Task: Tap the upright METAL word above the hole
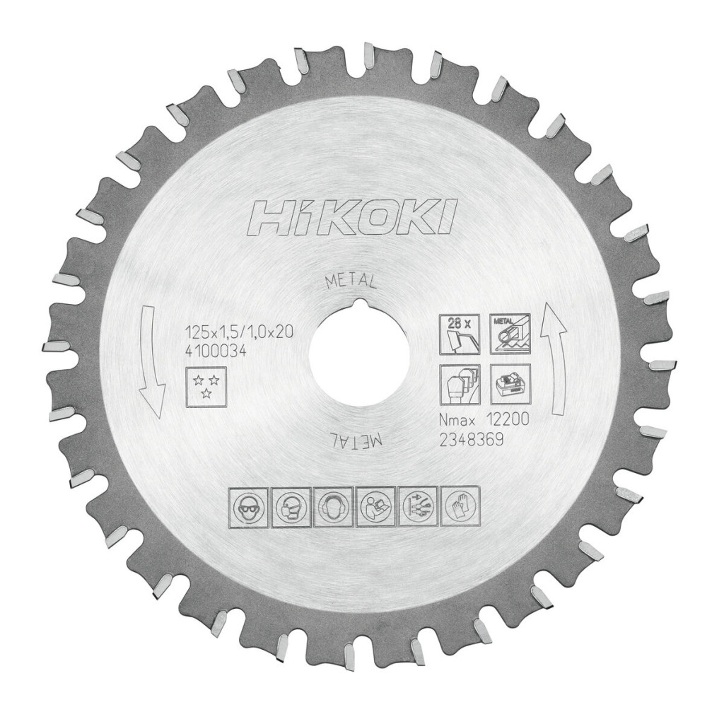tap(351, 280)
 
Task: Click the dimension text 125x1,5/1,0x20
tap(239, 332)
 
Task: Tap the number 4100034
tap(214, 351)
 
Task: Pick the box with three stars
tap(206, 387)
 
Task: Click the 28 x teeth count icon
tap(460, 334)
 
